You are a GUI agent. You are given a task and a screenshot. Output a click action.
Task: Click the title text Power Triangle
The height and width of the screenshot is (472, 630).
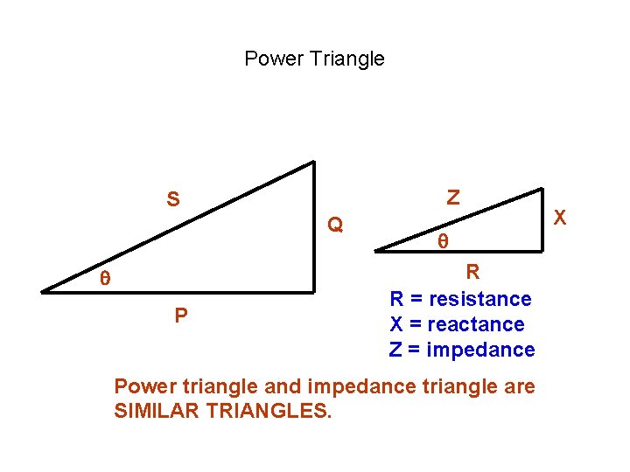pos(314,59)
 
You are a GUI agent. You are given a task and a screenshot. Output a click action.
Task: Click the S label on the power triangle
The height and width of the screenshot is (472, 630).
pos(173,200)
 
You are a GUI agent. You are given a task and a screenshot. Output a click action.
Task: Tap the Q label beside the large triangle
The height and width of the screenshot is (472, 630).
pos(334,226)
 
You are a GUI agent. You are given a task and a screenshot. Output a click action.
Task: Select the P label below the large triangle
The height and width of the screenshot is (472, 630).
pos(180,316)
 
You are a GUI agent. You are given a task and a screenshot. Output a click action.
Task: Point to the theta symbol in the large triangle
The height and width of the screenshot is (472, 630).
pos(104,279)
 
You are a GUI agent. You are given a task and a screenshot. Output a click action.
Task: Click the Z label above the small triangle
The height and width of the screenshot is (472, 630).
pos(452,198)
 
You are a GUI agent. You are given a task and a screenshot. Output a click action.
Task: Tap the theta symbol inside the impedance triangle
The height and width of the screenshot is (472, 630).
pos(443,240)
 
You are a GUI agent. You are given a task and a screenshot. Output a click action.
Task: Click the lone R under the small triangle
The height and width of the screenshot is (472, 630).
pos(472,272)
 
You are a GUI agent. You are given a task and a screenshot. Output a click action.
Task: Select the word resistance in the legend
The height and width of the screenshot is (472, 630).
pos(480,299)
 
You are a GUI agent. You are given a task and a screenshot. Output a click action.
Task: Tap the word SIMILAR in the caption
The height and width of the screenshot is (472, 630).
pos(154,411)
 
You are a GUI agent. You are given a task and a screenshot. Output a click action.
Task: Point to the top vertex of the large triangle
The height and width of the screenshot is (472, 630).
pos(313,162)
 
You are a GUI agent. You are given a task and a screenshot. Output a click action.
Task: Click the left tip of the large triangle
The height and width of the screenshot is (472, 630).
pos(42,290)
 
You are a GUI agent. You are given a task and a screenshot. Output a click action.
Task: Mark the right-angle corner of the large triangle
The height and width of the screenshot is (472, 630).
pos(313,290)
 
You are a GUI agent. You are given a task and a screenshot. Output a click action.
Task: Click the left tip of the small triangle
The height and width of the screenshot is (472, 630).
pos(377,250)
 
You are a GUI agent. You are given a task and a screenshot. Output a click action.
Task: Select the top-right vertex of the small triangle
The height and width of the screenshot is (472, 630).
pos(542,187)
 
